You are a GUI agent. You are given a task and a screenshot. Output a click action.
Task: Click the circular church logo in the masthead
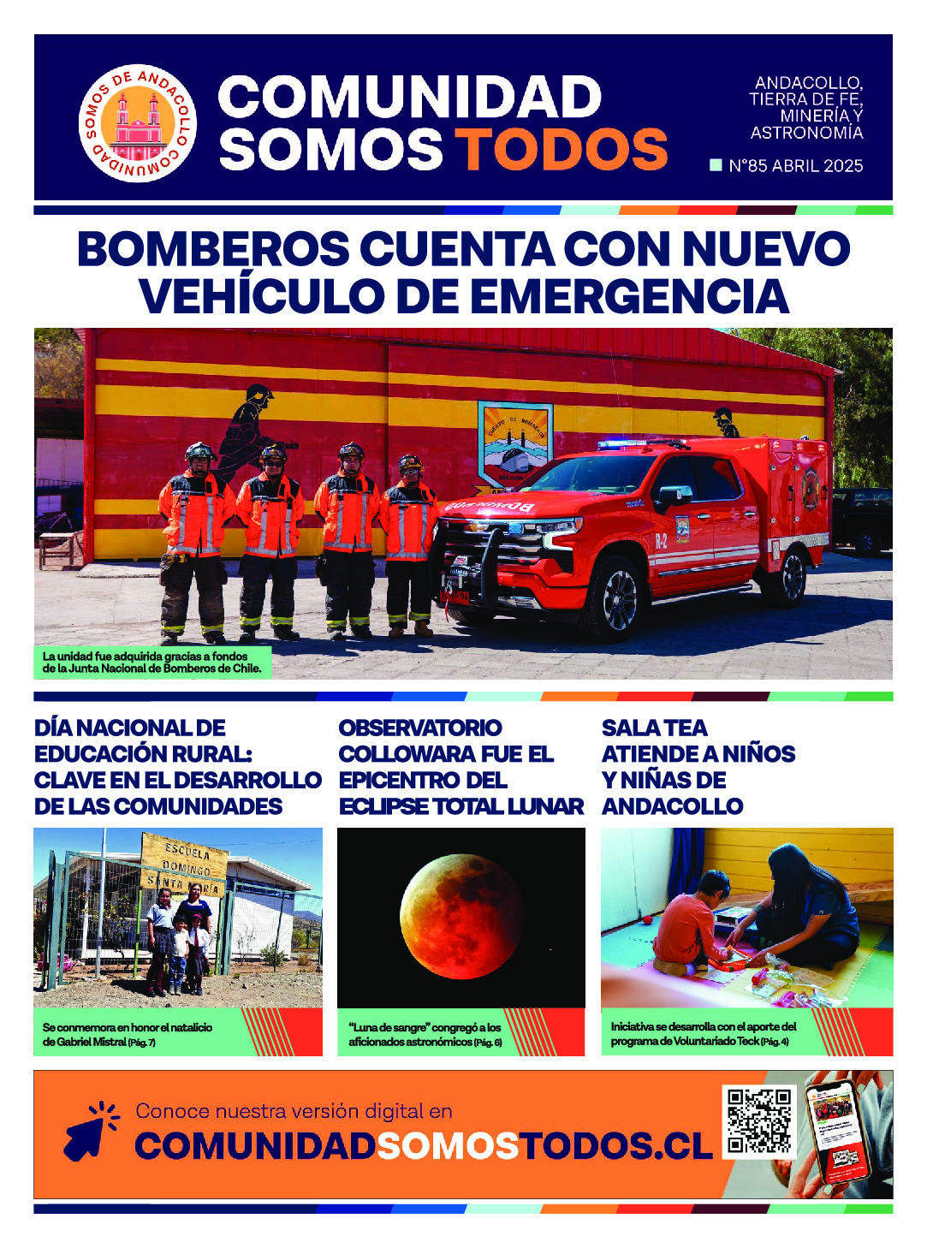138,122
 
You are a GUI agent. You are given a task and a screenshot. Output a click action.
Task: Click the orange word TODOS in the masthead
561,149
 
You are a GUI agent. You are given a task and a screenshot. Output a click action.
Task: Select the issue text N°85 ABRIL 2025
795,166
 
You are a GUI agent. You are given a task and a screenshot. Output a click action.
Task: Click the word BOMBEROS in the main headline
213,249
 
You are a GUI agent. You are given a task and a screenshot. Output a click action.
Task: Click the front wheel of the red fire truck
618,598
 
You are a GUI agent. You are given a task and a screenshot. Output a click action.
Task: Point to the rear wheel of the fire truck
793,576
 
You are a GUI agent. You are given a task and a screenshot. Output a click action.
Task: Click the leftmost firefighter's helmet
199,452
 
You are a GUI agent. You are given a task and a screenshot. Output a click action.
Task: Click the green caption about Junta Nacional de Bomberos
152,663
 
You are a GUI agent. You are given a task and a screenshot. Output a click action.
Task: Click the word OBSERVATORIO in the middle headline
420,728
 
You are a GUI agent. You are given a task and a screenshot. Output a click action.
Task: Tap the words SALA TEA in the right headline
654,728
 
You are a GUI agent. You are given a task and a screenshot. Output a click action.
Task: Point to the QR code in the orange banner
758,1121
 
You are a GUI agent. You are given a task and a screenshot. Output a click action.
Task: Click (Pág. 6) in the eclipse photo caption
488,1043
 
